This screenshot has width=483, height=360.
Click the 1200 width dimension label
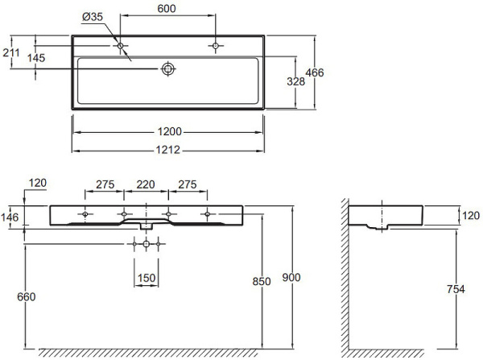point(169,132)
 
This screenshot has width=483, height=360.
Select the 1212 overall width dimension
point(168,150)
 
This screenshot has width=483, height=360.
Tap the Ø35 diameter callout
point(93,17)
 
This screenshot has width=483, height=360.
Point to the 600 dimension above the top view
point(167,9)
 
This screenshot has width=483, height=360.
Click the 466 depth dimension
point(315,72)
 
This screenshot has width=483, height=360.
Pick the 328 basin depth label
point(296,81)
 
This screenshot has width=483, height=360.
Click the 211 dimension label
point(11,53)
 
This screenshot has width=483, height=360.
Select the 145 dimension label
point(36,58)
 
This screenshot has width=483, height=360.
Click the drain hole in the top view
point(168,68)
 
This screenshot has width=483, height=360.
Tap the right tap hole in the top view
point(216,46)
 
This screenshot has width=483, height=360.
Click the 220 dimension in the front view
point(146,184)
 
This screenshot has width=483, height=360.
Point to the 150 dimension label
point(147,278)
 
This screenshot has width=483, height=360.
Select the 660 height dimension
point(27,297)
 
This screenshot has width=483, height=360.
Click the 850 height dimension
point(262,281)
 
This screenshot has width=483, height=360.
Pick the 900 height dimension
point(291,277)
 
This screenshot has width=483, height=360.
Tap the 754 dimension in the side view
point(456,289)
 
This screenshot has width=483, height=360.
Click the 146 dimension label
point(10,217)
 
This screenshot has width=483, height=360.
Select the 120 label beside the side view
point(471,216)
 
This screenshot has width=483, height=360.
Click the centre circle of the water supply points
point(147,244)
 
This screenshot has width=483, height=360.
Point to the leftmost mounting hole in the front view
point(85,214)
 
